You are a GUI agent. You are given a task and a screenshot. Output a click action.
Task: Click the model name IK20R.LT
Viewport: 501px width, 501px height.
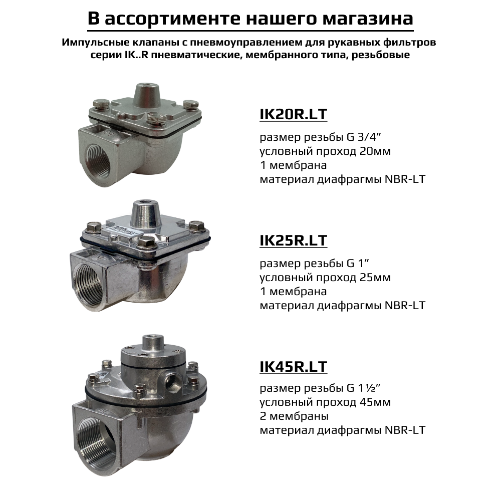[x=293, y=114]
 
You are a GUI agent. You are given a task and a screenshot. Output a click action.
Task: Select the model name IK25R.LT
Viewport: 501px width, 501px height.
[x=293, y=240]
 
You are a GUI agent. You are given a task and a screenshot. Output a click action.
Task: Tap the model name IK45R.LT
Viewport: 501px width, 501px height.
[x=293, y=367]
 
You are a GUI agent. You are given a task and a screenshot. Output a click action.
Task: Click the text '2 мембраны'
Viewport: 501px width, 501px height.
[x=294, y=416]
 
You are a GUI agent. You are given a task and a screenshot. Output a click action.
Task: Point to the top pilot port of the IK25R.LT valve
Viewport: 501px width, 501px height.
[x=145, y=205]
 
